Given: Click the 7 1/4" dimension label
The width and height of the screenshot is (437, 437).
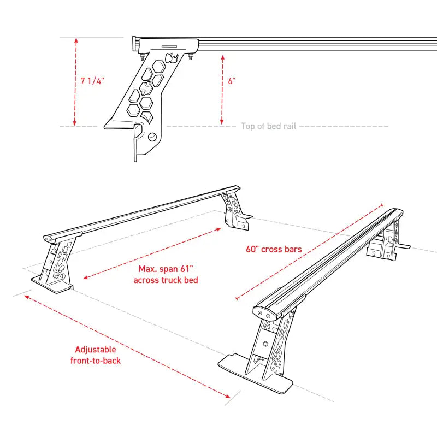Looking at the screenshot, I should [92, 81].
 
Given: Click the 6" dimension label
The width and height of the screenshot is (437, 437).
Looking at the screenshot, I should [232, 81].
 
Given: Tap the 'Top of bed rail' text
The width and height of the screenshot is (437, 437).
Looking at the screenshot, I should [269, 126].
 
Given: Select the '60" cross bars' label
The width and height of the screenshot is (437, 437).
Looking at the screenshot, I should [274, 249].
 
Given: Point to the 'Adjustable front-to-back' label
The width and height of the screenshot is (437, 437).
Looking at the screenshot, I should [96, 355].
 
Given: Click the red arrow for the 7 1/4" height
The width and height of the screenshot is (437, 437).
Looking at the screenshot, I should [75, 82].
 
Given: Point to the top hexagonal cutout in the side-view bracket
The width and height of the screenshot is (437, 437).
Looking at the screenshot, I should [159, 65].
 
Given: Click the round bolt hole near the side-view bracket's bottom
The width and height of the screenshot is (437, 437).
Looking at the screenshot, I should [152, 137].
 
